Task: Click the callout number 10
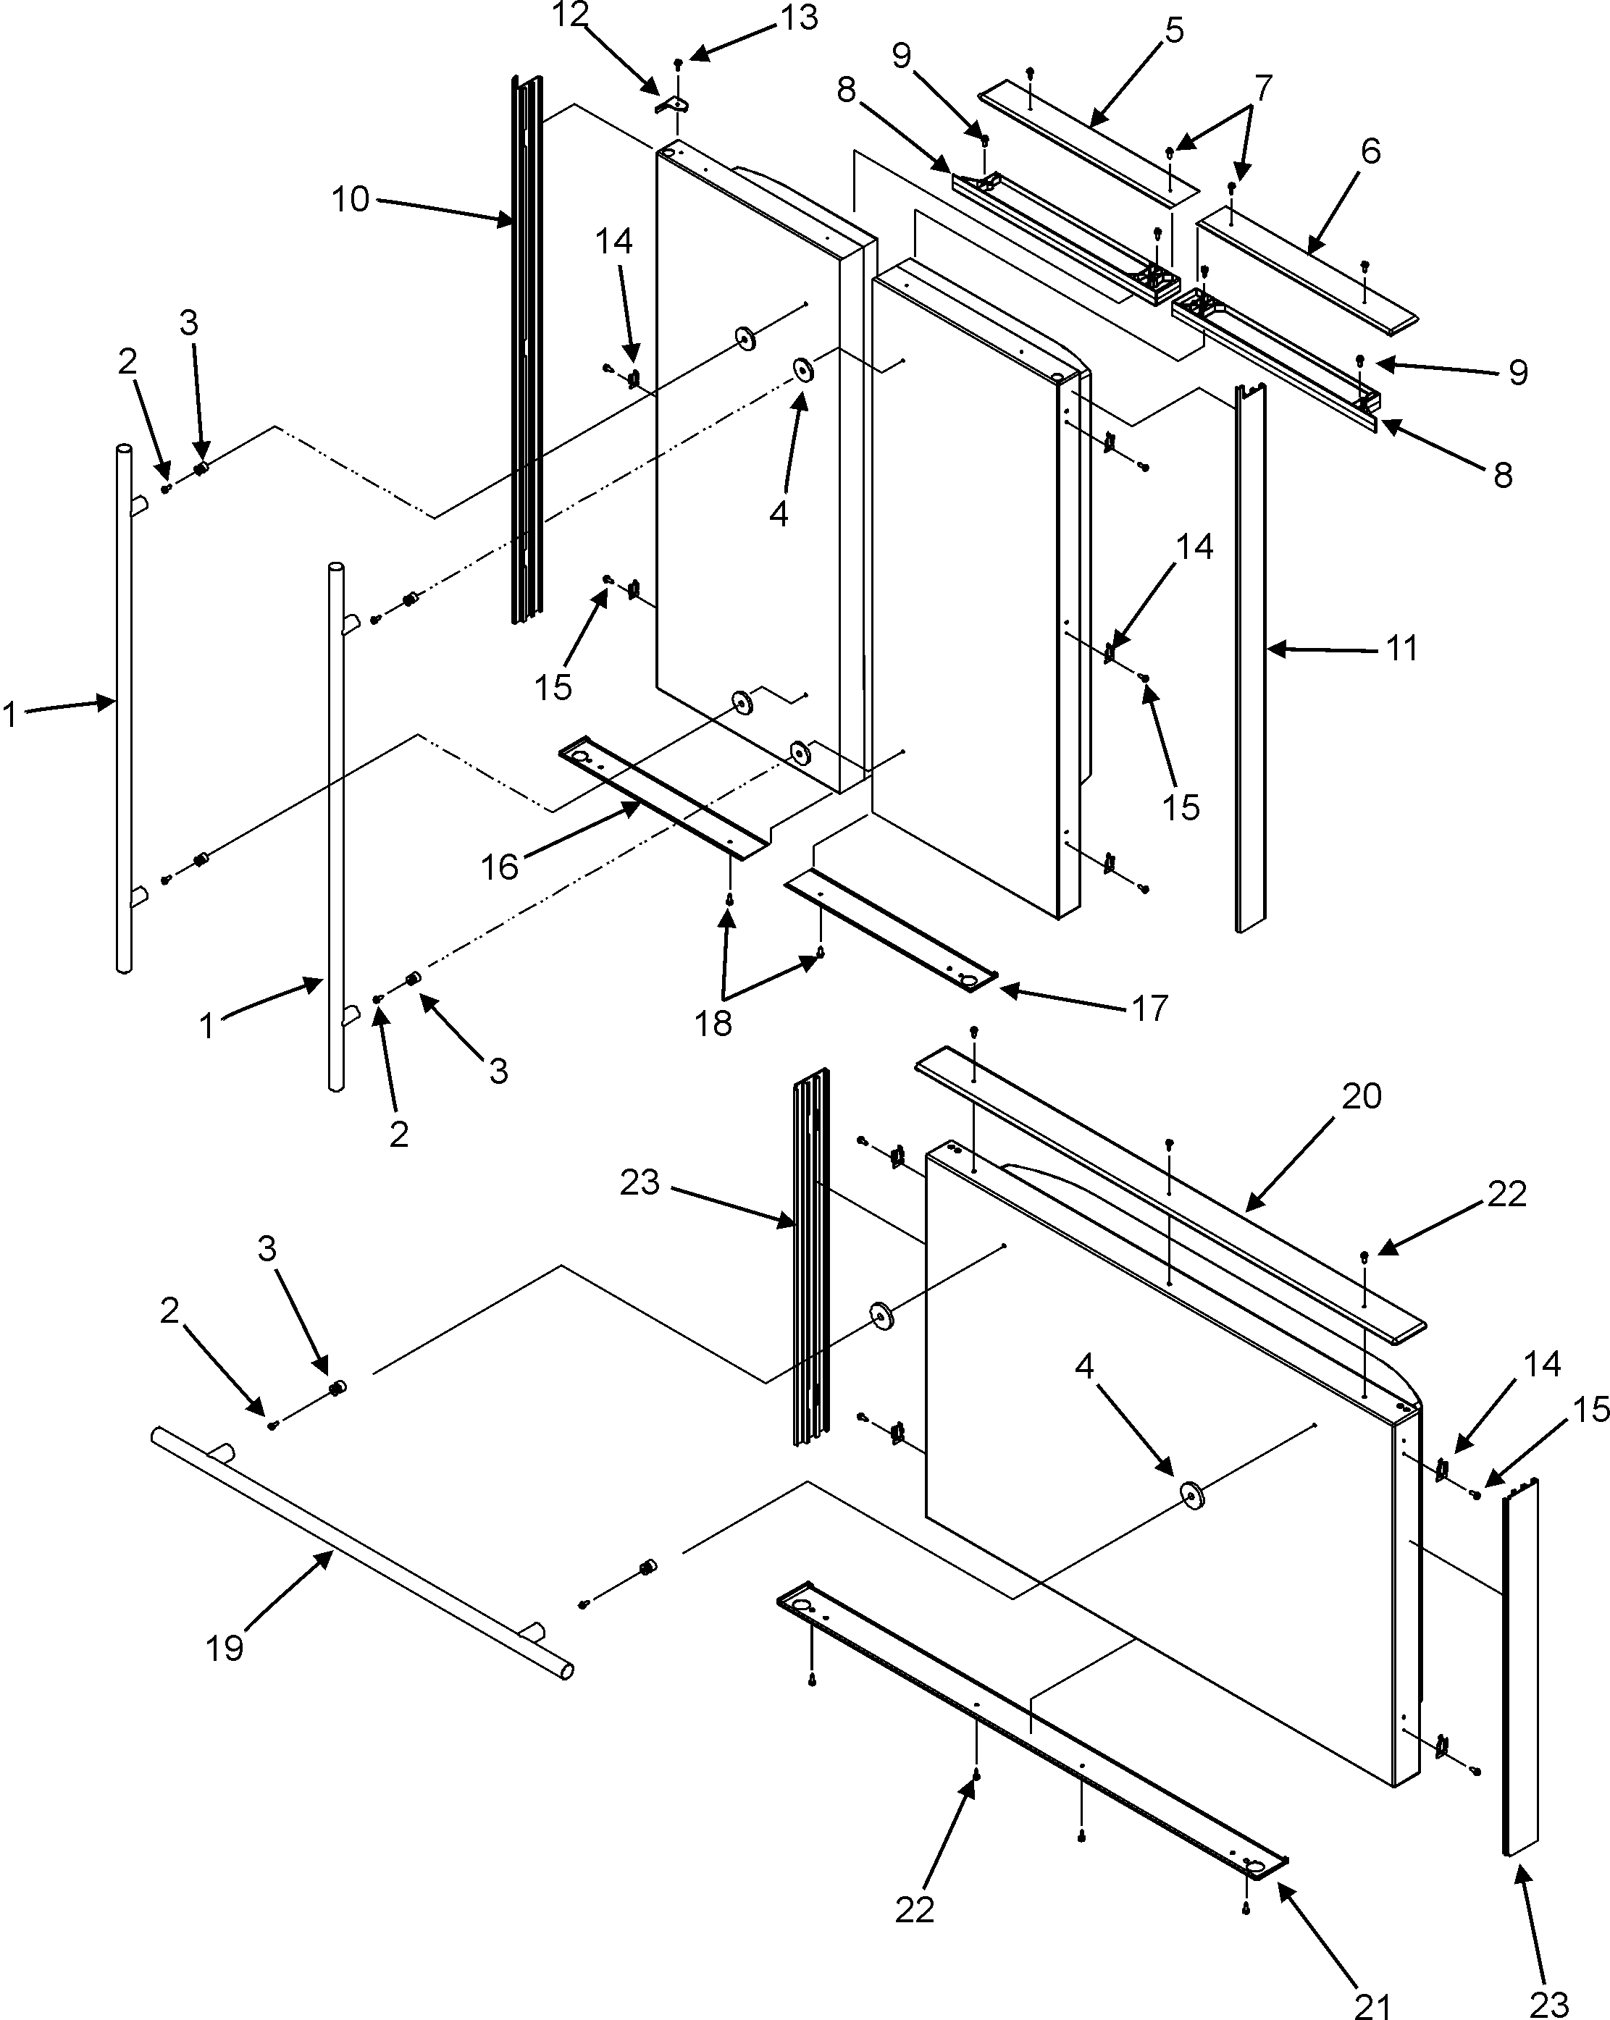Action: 351,200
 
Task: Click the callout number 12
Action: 570,15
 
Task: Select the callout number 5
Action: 1174,31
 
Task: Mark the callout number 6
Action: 1370,151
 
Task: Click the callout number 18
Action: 712,1023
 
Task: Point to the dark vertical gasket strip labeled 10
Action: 527,356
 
